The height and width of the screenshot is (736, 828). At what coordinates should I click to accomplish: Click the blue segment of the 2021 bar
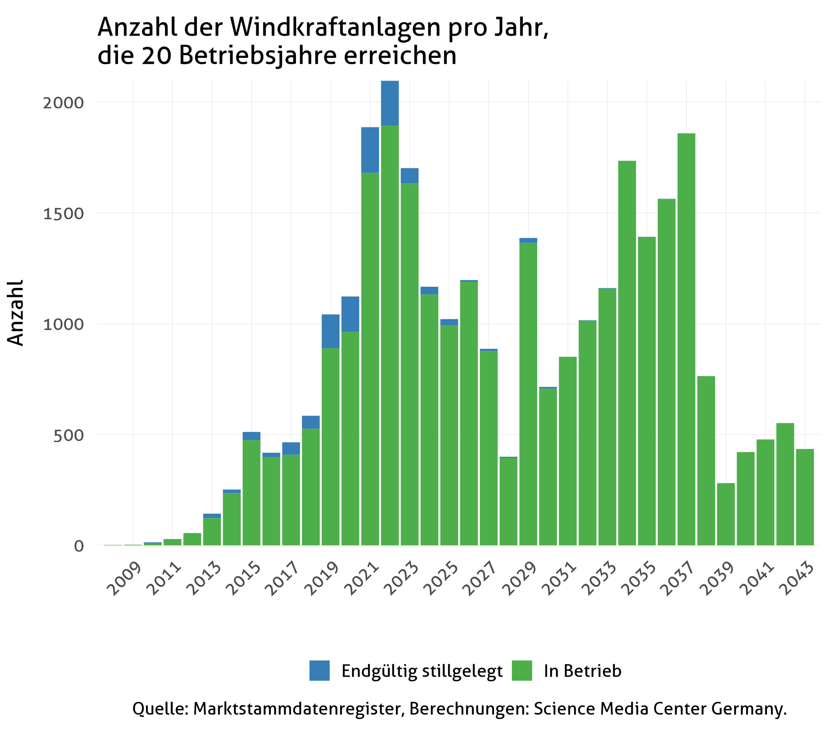[x=370, y=150]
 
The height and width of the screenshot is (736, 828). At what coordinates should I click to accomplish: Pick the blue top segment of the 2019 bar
[x=331, y=331]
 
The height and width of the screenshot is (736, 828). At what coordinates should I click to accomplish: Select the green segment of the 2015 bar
[x=251, y=493]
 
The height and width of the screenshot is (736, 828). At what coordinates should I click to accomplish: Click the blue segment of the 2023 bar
[x=410, y=176]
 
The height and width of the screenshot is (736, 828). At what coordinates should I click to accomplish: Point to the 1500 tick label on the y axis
[x=63, y=214]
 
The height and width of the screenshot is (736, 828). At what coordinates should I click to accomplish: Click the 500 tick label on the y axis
[x=68, y=435]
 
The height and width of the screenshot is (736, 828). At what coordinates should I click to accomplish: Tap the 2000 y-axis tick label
[x=63, y=103]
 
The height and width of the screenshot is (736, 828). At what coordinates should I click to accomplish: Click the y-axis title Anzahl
[x=16, y=313]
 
